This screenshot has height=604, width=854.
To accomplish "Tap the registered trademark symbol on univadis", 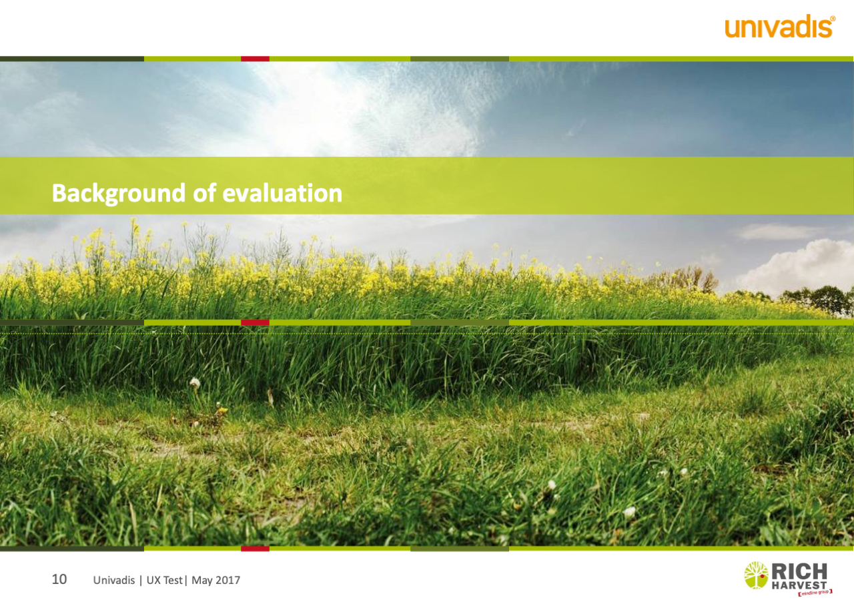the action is (x=832, y=18).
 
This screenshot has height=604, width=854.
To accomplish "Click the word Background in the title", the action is (x=119, y=194).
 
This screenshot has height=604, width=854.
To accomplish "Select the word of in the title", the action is (x=204, y=193).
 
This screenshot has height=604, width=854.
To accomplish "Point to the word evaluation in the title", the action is (x=282, y=193).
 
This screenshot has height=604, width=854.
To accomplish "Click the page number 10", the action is (x=59, y=579).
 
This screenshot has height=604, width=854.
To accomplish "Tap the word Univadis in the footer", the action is (x=114, y=580).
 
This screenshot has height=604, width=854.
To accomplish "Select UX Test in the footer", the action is (x=164, y=580).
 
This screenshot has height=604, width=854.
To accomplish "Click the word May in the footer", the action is (x=202, y=581).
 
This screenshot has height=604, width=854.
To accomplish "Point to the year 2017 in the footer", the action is (x=228, y=580).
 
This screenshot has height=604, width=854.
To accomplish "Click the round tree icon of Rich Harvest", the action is (x=756, y=576).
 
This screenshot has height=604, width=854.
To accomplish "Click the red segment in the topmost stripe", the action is (x=255, y=59).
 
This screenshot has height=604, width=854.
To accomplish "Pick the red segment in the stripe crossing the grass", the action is (x=255, y=322).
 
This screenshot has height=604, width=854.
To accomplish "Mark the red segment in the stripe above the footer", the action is (x=255, y=549).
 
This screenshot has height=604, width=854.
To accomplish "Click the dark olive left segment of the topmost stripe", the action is (x=72, y=59).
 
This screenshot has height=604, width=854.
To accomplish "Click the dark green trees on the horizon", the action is (x=816, y=300).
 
